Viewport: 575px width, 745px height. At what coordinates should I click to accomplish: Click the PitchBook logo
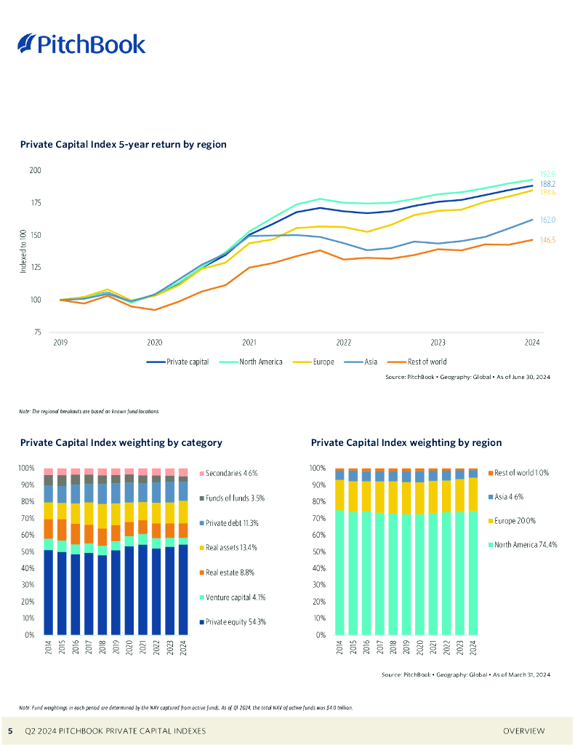81,44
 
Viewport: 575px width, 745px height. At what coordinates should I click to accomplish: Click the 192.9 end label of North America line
547,175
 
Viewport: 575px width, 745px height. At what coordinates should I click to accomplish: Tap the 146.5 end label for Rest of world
547,240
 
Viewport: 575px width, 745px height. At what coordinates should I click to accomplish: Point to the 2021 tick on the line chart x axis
249,341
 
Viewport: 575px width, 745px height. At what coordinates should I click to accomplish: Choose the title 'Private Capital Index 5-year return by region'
124,145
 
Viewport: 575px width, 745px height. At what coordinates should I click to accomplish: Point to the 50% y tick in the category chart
27,551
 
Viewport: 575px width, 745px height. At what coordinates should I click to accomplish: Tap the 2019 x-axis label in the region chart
406,648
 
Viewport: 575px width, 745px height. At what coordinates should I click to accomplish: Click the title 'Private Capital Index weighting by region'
406,442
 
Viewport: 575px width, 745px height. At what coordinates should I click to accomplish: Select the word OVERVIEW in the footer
524,730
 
